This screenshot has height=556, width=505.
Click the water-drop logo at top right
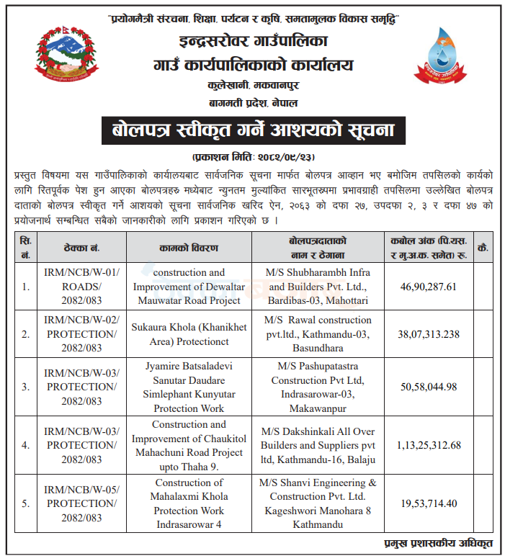(440, 55)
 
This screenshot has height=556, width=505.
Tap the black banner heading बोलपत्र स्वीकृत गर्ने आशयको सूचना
(251, 132)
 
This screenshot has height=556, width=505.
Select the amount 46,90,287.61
(429, 287)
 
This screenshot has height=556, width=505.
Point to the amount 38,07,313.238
(429, 333)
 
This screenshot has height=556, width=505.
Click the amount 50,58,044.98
(429, 387)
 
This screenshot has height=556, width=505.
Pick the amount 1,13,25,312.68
(429, 445)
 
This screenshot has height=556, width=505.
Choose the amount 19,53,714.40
(429, 503)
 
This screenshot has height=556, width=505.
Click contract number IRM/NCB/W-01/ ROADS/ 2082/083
(81, 287)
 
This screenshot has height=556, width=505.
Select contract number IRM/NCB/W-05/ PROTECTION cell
(81, 503)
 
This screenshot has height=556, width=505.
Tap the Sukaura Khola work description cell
(189, 333)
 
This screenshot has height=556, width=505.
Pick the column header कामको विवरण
(189, 247)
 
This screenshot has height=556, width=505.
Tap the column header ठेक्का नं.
(81, 247)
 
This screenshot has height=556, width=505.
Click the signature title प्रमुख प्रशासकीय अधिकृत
(447, 543)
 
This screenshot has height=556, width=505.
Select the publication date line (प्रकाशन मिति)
(253, 156)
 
